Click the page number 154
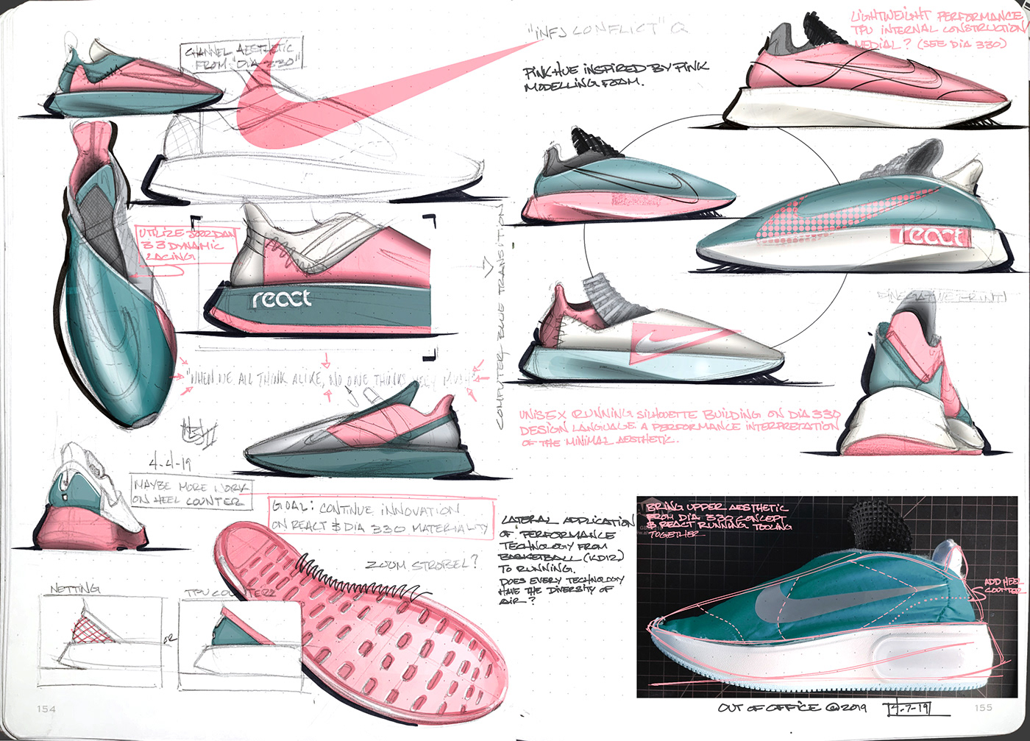pos(46,709)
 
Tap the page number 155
pos(983,708)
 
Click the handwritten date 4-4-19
pos(170,464)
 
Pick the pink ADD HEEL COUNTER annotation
pos(1002,586)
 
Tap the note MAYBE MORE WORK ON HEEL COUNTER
pos(191,493)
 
